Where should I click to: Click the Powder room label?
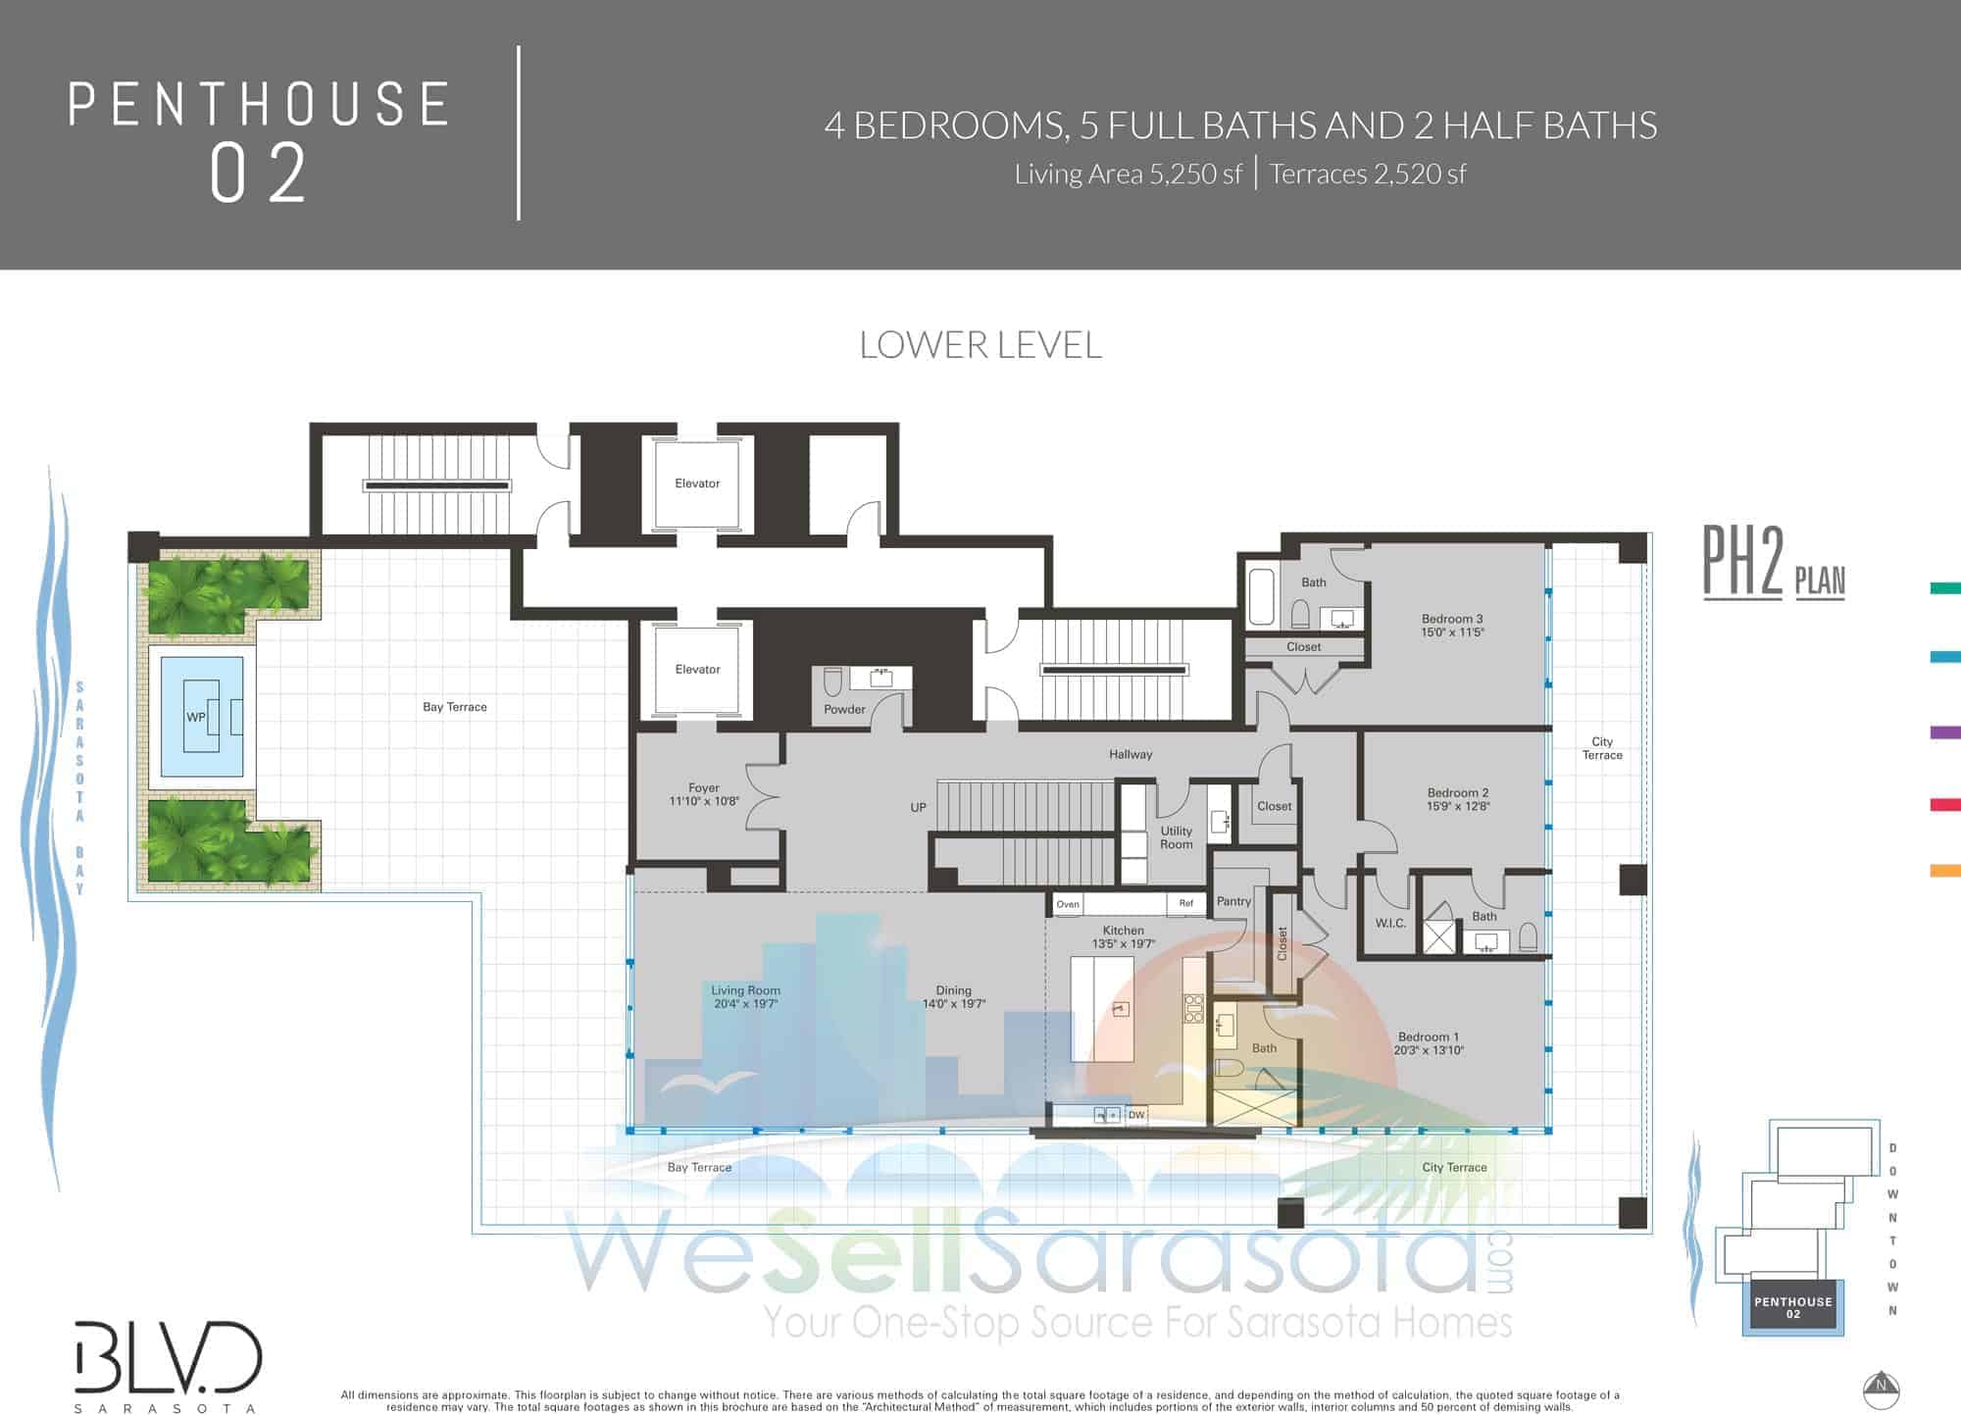point(844,709)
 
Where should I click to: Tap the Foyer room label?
point(704,787)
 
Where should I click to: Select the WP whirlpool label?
point(196,717)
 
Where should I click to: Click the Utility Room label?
point(1177,837)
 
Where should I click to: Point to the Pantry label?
point(1233,901)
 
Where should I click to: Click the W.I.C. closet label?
point(1390,923)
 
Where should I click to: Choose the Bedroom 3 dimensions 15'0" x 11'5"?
point(1452,632)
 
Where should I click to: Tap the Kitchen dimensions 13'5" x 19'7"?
point(1123,944)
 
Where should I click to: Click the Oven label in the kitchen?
point(1068,904)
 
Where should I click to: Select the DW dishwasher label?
point(1136,1115)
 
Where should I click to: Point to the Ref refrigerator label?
point(1186,903)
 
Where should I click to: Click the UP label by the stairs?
point(918,807)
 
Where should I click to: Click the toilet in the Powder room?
point(832,682)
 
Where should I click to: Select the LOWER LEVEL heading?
point(980,344)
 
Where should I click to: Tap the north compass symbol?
point(1881,1388)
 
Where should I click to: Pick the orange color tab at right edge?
point(1945,870)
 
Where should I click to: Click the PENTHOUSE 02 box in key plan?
point(1792,1307)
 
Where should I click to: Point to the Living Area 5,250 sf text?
point(1128,175)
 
